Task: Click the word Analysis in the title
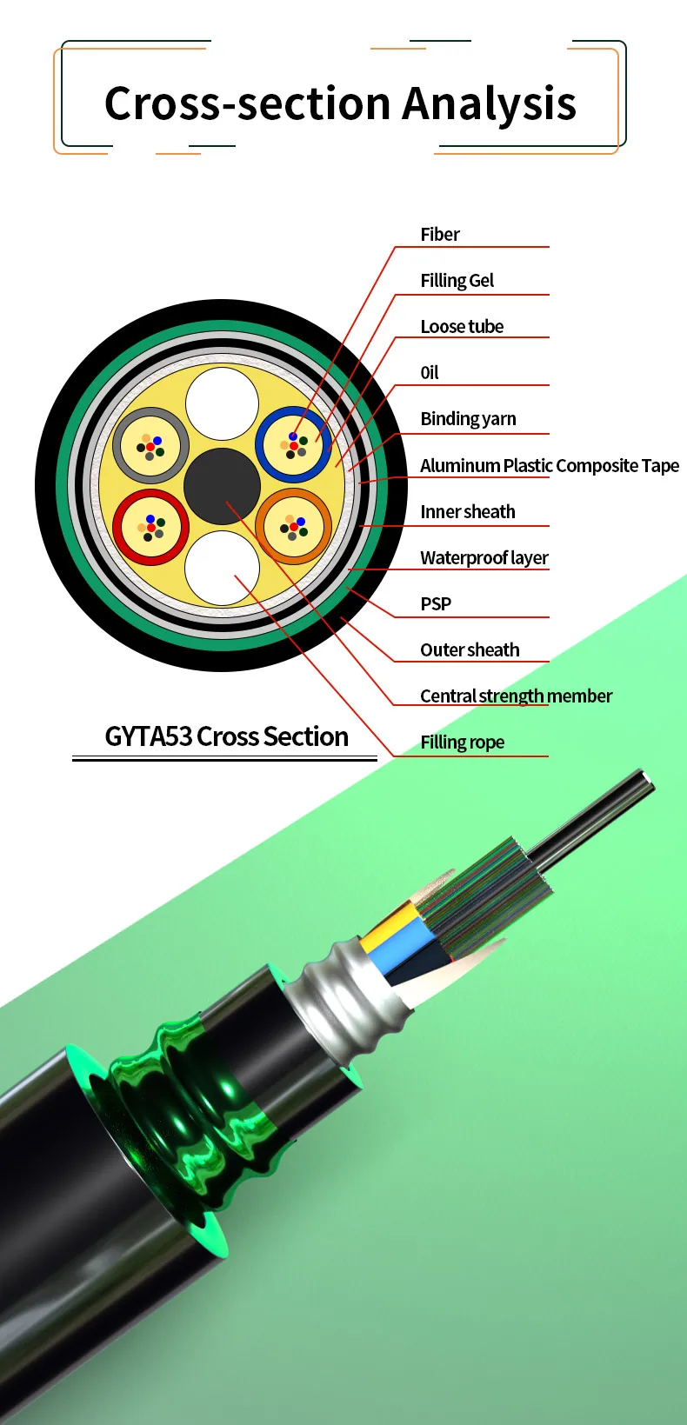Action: pyautogui.click(x=489, y=104)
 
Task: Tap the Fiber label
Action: pyautogui.click(x=439, y=235)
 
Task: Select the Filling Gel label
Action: pyautogui.click(x=457, y=281)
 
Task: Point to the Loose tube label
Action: pyautogui.click(x=462, y=327)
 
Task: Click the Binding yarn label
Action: pyautogui.click(x=468, y=419)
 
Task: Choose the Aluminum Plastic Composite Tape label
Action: pyautogui.click(x=549, y=466)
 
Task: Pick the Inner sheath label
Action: pyautogui.click(x=467, y=512)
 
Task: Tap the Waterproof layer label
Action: pyautogui.click(x=484, y=558)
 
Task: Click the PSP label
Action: pyautogui.click(x=436, y=604)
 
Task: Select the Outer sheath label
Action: pyautogui.click(x=470, y=650)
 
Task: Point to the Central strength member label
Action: pyautogui.click(x=516, y=696)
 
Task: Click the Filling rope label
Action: pyautogui.click(x=462, y=742)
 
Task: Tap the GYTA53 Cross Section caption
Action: pyautogui.click(x=226, y=737)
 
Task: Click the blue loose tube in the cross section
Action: pyautogui.click(x=293, y=443)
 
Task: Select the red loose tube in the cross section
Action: pyautogui.click(x=150, y=527)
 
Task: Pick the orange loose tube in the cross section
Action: pyautogui.click(x=293, y=526)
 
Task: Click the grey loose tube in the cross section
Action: pyautogui.click(x=150, y=445)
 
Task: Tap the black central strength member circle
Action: pyautogui.click(x=222, y=486)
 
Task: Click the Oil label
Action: pyautogui.click(x=430, y=373)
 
